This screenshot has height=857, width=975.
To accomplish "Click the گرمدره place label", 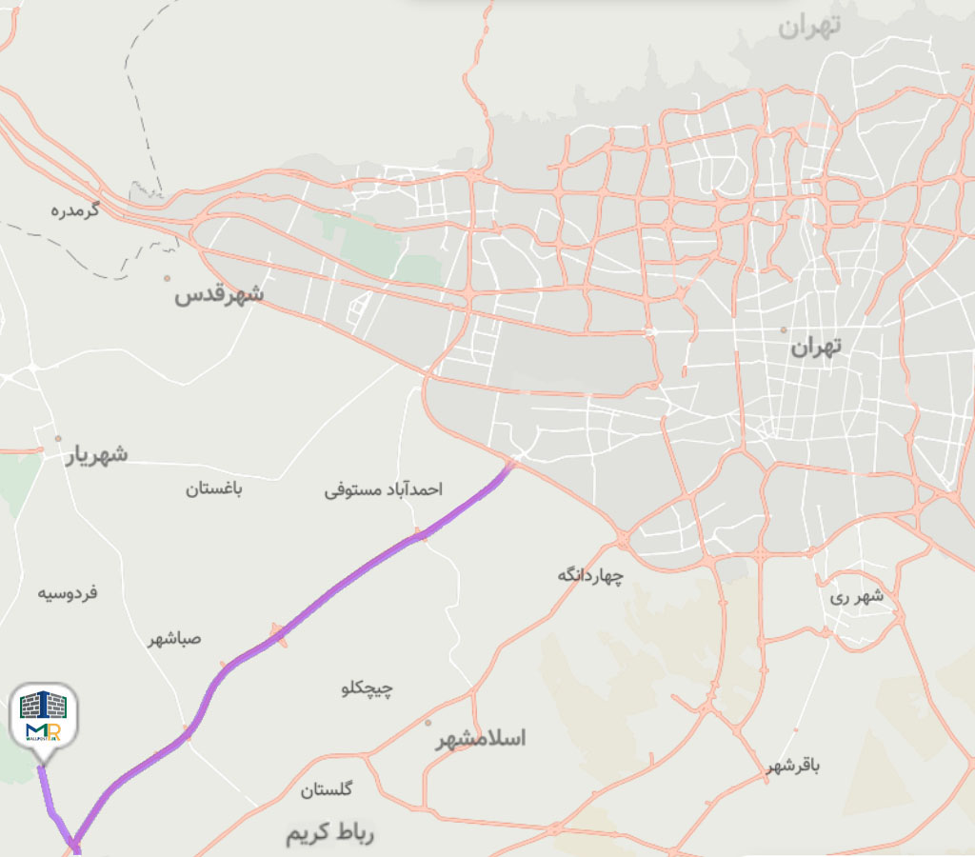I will click(x=75, y=209).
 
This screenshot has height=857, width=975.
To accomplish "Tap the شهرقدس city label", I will click(x=219, y=295).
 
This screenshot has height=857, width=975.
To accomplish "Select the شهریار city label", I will click(x=96, y=455).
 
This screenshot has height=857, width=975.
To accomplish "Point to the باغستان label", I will click(x=213, y=489).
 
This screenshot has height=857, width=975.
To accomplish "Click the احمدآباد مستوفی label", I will click(x=383, y=490).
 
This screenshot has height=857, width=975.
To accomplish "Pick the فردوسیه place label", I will click(x=68, y=593).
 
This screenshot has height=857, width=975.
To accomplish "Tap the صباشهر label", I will click(x=175, y=638).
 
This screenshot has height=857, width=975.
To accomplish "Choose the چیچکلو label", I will click(x=368, y=688).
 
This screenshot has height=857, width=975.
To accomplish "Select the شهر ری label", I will click(x=856, y=597).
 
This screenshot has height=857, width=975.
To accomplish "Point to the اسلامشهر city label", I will click(x=481, y=739).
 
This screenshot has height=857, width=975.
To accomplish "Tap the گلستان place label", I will click(x=327, y=789).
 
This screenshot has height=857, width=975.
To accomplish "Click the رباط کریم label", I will click(x=330, y=834).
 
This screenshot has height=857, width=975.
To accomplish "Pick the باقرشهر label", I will click(x=791, y=767).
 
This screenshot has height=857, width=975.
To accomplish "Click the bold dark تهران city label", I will click(x=817, y=349).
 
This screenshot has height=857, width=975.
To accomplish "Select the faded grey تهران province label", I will click(x=809, y=27).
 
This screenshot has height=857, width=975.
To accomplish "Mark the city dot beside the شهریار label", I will click(x=58, y=439).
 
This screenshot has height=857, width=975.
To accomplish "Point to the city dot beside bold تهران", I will click(x=784, y=330).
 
